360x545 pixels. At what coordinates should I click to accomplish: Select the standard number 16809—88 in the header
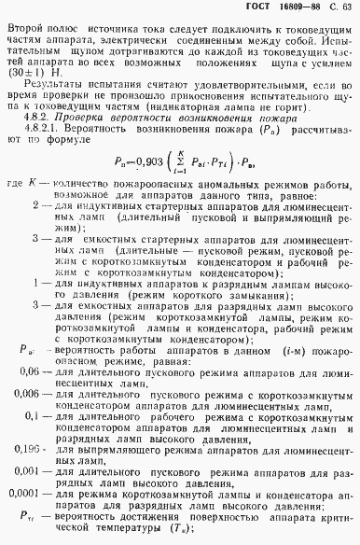tap(298, 8)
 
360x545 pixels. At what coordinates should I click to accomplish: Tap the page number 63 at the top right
tap(346, 8)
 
